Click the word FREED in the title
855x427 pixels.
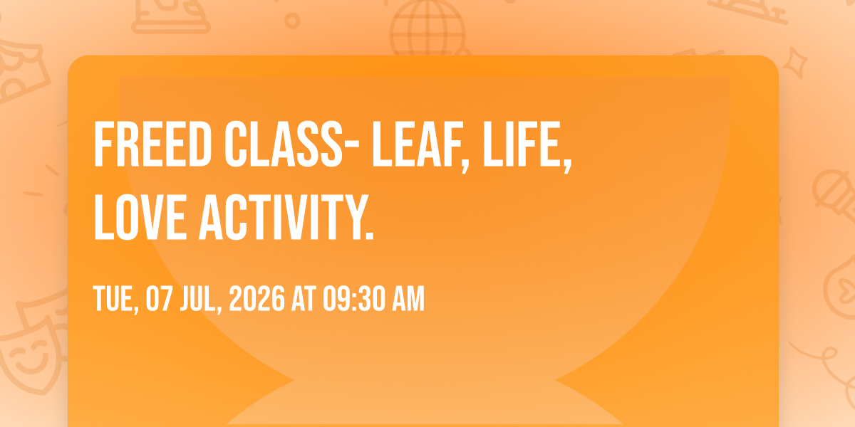152,144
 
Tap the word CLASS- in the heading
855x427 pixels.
292,144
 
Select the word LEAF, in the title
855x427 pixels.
420,147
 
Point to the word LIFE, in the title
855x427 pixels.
527,147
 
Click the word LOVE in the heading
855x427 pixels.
140,217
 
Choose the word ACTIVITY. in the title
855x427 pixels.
286,217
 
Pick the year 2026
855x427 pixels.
257,298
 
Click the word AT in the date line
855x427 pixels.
304,298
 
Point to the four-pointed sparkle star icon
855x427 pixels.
794,63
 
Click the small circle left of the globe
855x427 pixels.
292,21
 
